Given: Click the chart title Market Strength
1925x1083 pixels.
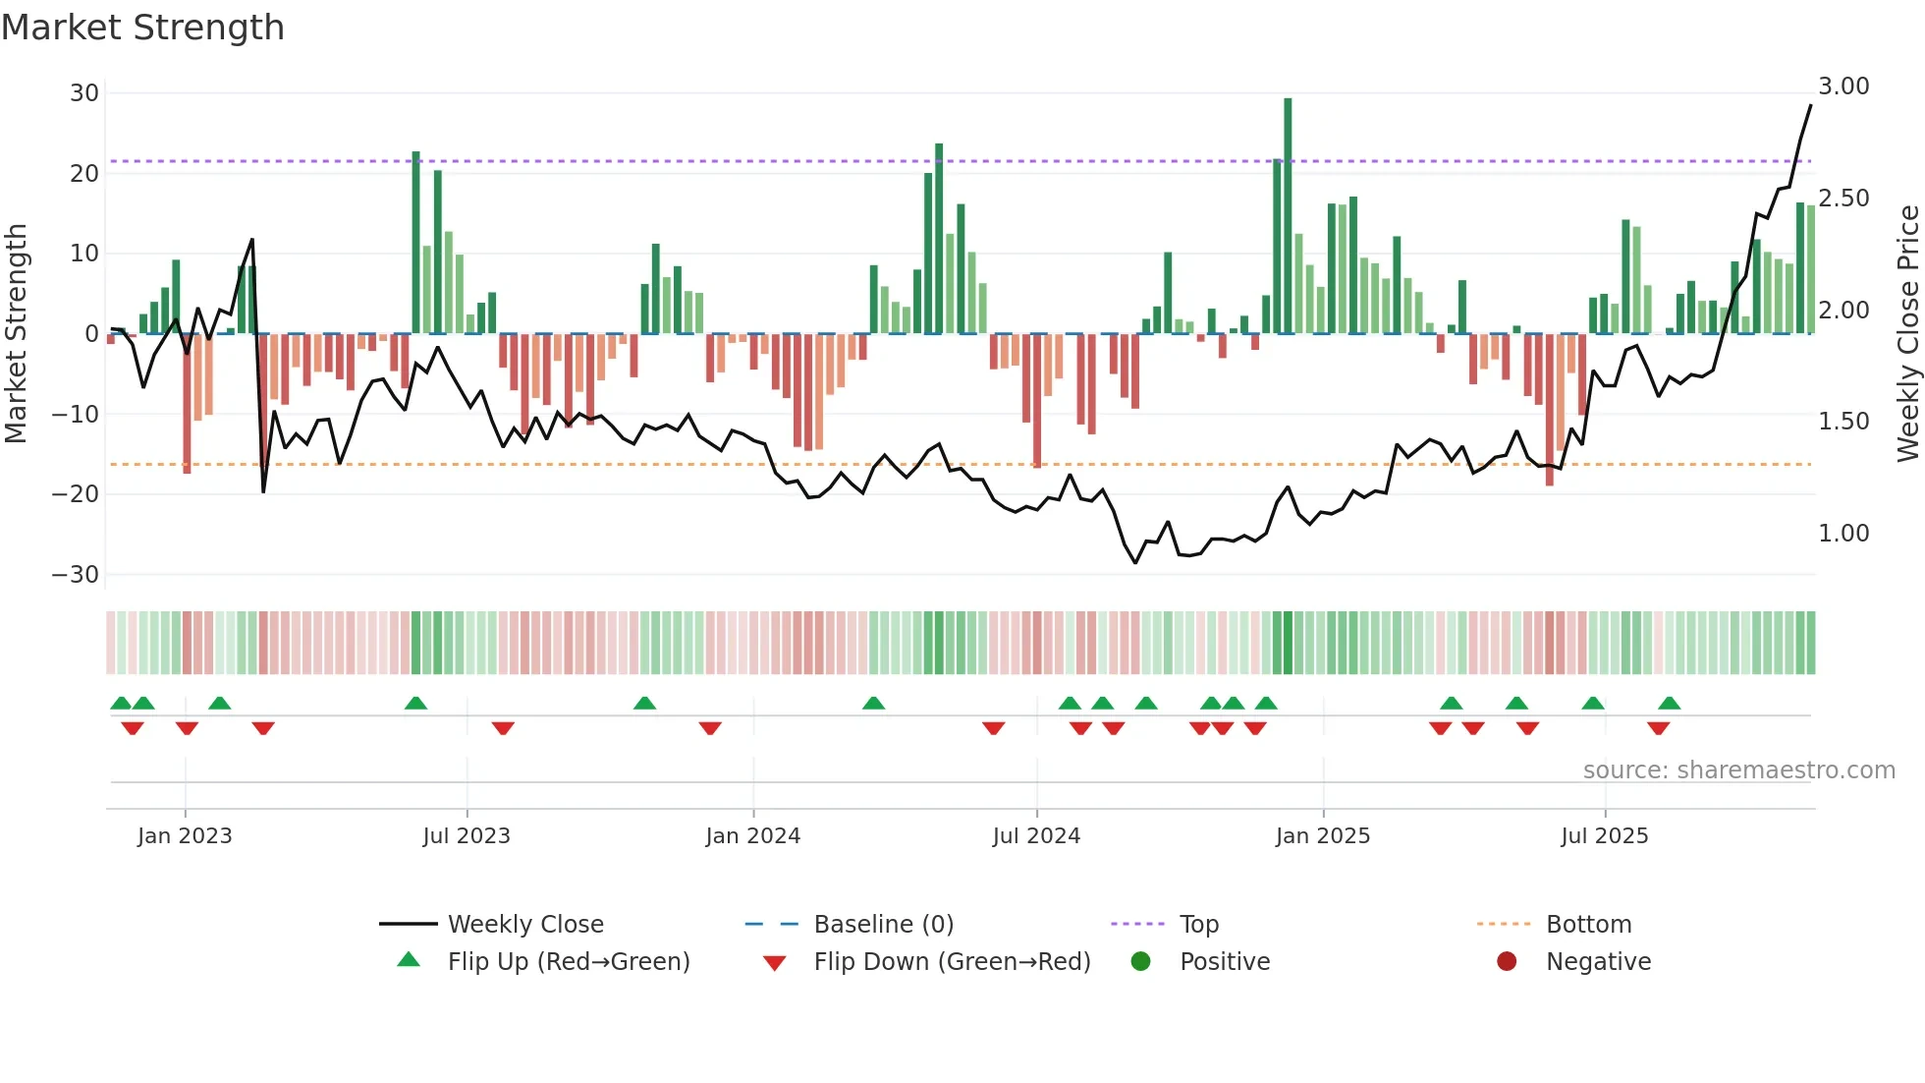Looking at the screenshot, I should click(142, 28).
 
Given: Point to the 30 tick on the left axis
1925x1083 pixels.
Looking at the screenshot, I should click(84, 93).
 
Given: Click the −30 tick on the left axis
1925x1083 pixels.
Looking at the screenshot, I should click(76, 575).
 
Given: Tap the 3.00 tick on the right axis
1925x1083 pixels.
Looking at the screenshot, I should click(1843, 86).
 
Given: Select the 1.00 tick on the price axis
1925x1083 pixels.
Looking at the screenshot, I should click(1843, 534).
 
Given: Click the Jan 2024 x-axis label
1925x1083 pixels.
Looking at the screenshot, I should click(752, 836).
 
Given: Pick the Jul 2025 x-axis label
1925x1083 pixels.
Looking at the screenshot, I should click(1604, 836).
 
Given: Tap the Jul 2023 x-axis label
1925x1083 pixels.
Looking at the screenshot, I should click(467, 836).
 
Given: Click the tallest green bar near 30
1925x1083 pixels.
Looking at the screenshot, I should click(1288, 216).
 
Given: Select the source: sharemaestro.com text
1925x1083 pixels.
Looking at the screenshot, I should click(1738, 770).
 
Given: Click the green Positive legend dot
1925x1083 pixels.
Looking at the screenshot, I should click(1140, 961).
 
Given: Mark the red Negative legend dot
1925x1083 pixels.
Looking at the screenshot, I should click(1507, 961).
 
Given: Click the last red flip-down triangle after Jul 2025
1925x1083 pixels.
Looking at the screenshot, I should click(1658, 728).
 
